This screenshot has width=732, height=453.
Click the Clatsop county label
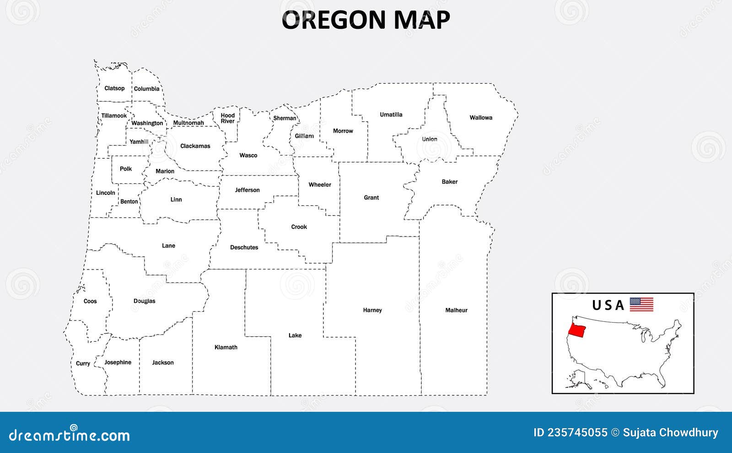pyautogui.click(x=114, y=88)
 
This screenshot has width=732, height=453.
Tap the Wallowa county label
pyautogui.click(x=481, y=118)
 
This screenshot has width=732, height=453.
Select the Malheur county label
pyautogui.click(x=456, y=310)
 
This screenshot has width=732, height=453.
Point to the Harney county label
pyautogui.click(x=372, y=310)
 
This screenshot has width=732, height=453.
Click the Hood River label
pyautogui.click(x=227, y=118)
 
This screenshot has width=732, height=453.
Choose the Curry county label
pyautogui.click(x=83, y=363)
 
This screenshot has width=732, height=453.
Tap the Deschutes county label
pyautogui.click(x=244, y=248)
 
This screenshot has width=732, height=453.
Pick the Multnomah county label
pyautogui.click(x=188, y=123)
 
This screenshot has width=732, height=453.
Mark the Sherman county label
pyautogui.click(x=285, y=118)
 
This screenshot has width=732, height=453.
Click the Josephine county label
pyautogui.click(x=118, y=362)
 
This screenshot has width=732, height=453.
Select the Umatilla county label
pyautogui.click(x=391, y=114)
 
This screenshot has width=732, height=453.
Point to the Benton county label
pyautogui.click(x=129, y=201)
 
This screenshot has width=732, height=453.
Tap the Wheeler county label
pyautogui.click(x=320, y=185)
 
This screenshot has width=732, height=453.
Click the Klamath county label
pyautogui.click(x=226, y=347)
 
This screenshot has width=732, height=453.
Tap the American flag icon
pyautogui.click(x=641, y=304)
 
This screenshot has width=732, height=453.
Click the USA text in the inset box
pyautogui.click(x=608, y=305)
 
